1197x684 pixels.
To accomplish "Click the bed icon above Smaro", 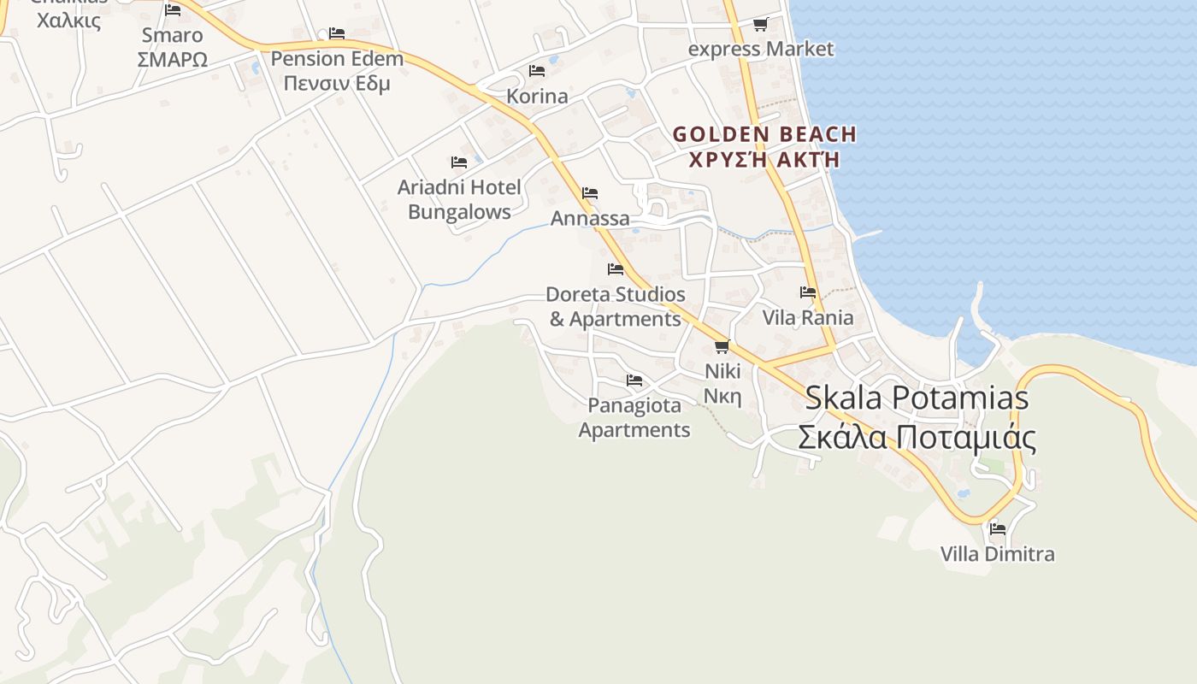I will pos(173,10).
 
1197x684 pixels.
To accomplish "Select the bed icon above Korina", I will pos(537,70).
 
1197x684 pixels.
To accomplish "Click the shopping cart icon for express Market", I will pos(760,25).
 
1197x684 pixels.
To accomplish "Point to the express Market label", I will pos(760,49).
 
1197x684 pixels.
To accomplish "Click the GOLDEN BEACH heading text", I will pos(764,134).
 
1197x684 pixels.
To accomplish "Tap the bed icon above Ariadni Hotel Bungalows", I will pos(459,162).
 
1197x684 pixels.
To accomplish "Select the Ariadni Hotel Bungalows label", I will pos(459,199).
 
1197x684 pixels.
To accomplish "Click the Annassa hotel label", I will pos(590,218).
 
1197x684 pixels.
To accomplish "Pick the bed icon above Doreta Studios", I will pos(616,269).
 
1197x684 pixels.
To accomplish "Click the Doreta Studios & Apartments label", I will pos(616,306).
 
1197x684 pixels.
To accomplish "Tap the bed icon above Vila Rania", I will pos(808,292).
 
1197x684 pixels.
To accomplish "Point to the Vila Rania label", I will pos(808,317).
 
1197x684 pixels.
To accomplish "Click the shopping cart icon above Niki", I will pos(722,346).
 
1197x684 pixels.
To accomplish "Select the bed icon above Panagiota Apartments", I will pos(634,380).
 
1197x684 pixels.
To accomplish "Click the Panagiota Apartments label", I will pos(634,417).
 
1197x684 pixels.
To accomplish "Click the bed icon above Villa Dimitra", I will pos(998,528).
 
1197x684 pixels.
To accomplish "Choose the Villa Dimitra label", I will pos(998,554).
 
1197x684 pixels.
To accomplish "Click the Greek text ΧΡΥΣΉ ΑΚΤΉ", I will pos(764,160).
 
